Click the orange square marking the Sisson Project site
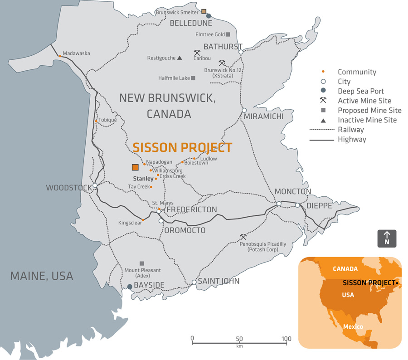coord(135,167)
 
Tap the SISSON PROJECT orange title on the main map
coord(182,148)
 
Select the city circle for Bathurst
coord(241,52)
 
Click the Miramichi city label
coord(264,117)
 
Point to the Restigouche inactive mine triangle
coord(180,58)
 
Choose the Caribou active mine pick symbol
coord(197,53)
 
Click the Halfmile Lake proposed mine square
coord(193,78)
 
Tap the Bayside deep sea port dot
coord(129,287)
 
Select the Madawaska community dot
coord(60,57)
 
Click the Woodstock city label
coord(68,188)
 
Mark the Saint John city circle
coord(194,282)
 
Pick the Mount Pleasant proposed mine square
coord(142,263)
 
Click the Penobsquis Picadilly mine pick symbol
coord(243,237)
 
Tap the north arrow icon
coord(387,238)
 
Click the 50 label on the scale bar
coord(239,339)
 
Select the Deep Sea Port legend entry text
coord(360,91)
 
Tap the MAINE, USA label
coord(42,276)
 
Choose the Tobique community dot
coord(96,121)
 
